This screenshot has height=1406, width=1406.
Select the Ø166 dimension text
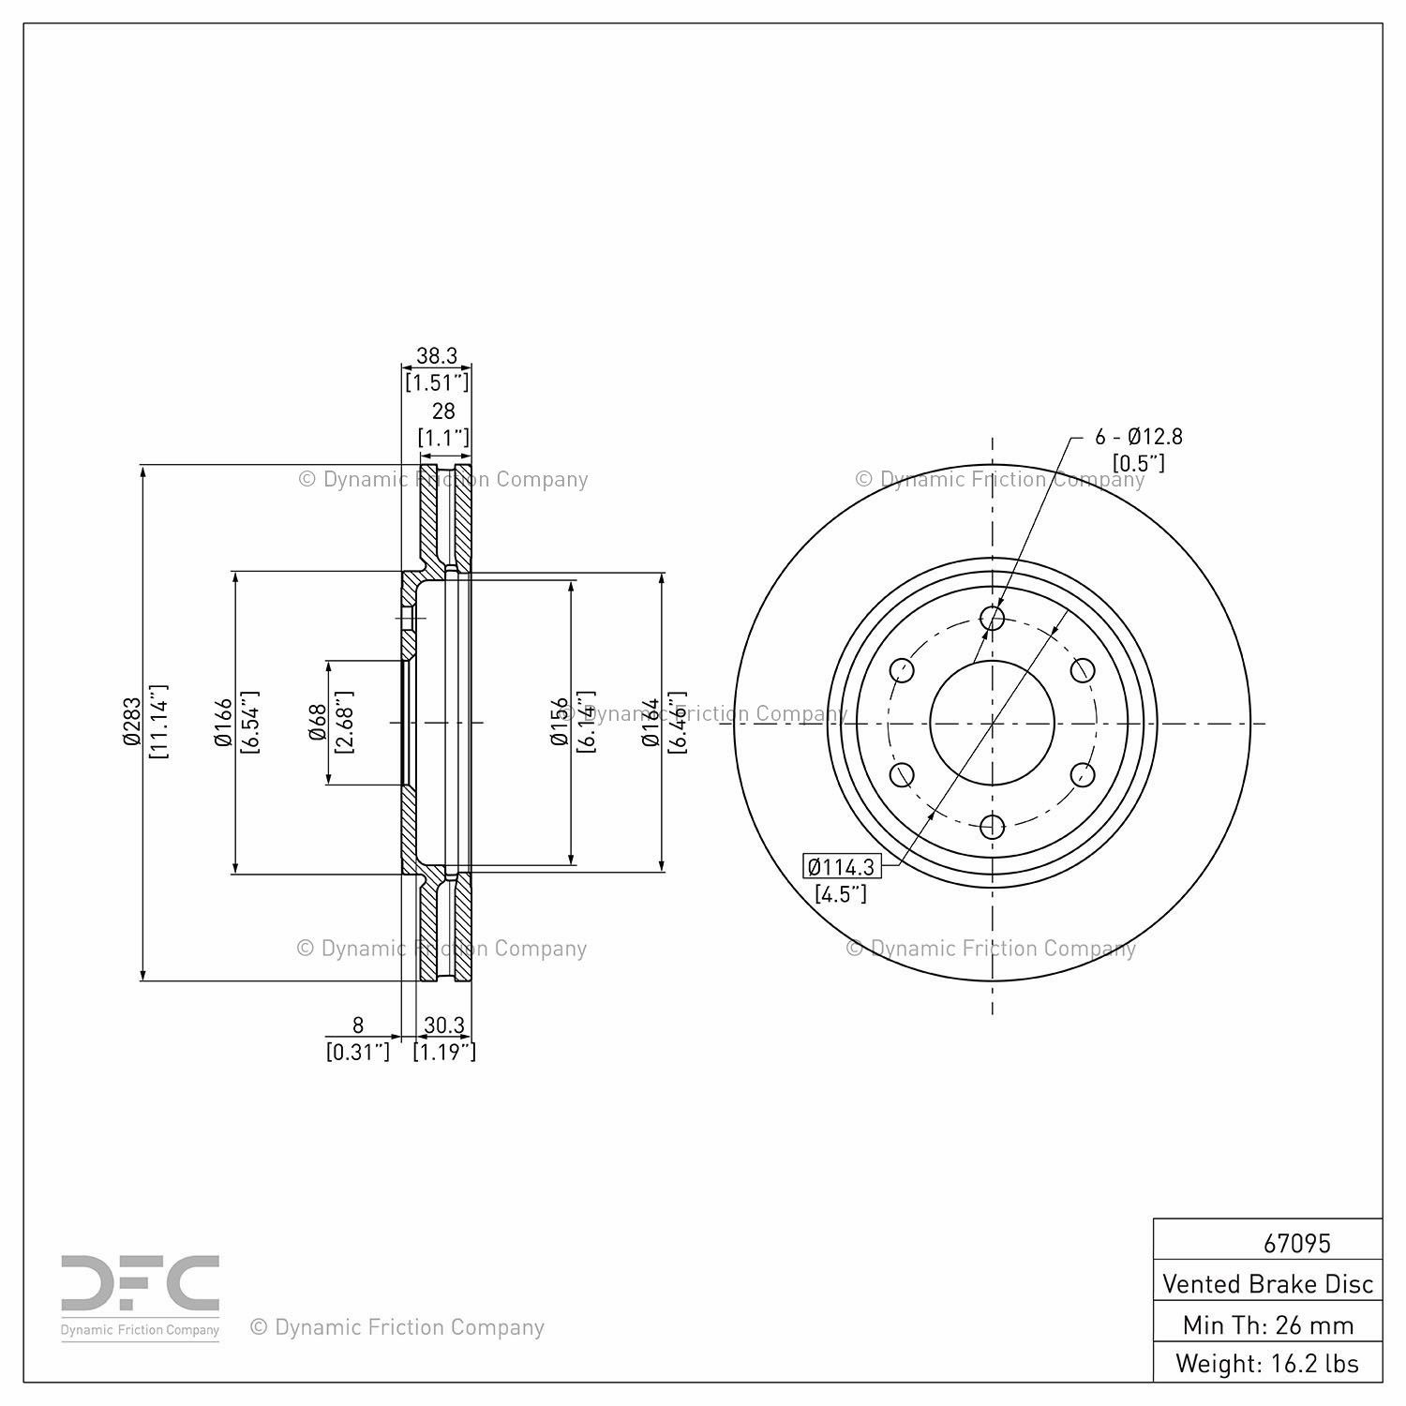pos(223,722)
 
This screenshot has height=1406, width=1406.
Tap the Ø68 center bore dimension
pos(318,722)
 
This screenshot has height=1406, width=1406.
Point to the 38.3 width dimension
pos(437,355)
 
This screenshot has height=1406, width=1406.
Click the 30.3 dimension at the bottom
pos(444,1025)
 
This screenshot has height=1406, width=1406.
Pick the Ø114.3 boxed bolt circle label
pos(842,866)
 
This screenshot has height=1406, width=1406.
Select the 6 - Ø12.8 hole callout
pos(1139,436)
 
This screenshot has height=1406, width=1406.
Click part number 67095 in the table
pos(1297,1243)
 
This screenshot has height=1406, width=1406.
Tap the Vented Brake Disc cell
pos(1267,1283)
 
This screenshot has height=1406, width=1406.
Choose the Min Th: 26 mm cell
pos(1267,1324)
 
